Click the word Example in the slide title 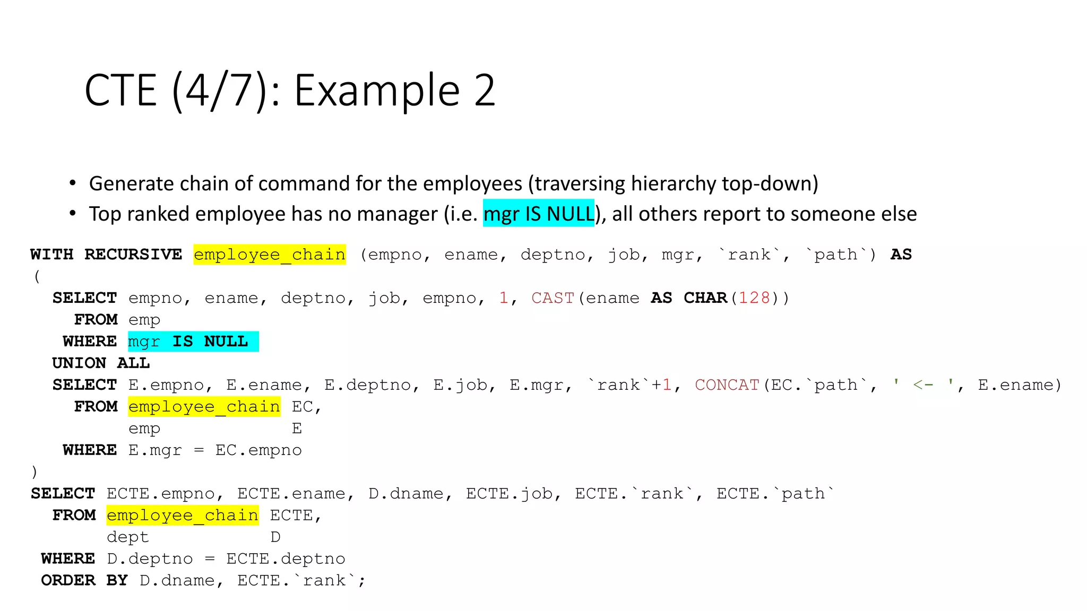coord(377,91)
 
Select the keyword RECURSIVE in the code coord(133,255)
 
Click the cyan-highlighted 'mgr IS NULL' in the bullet coord(538,214)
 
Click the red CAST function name coord(553,298)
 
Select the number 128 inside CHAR coord(754,298)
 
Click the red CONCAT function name coord(727,385)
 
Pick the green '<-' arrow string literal coord(923,385)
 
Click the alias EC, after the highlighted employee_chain coord(306,407)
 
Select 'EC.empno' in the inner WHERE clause coord(258,450)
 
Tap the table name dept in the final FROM coord(127,537)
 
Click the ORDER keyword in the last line coord(68,581)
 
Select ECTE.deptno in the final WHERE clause coord(286,559)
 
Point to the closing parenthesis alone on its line coord(34,472)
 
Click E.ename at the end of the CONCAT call coord(1019,385)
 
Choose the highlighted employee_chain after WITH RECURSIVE coord(270,255)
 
